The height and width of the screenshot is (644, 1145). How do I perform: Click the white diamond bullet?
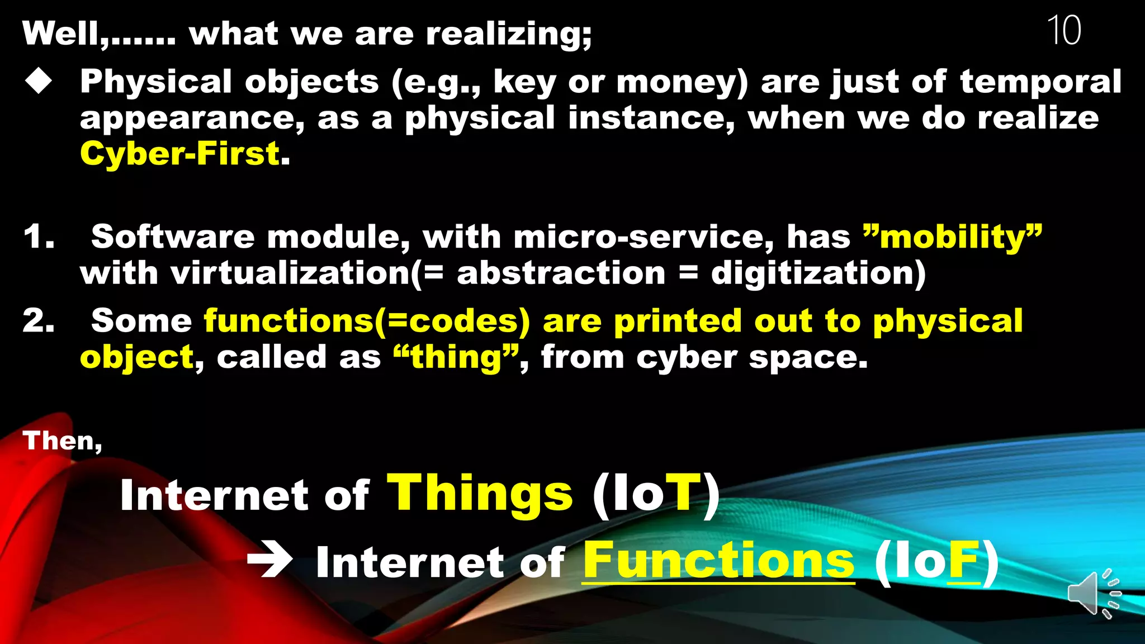coord(39,81)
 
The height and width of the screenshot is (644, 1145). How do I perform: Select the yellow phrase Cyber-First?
coord(180,154)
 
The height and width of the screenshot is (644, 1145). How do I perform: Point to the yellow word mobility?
coord(953,237)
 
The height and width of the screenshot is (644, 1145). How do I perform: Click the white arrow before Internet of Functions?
coord(270,560)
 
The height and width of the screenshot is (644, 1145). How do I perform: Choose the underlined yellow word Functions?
coord(718,560)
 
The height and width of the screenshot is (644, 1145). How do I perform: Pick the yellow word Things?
coord(480,493)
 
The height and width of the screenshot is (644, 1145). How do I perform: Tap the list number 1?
coord(39,237)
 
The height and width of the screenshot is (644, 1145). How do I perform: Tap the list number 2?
coord(39,321)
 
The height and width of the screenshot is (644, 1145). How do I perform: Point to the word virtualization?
coord(290,273)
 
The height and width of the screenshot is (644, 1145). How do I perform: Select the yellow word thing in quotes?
coord(456,357)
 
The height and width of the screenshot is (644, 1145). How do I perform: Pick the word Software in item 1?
coord(173,237)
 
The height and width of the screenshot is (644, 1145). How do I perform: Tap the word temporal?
coord(1040,82)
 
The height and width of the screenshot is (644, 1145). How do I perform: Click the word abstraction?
coord(561,273)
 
